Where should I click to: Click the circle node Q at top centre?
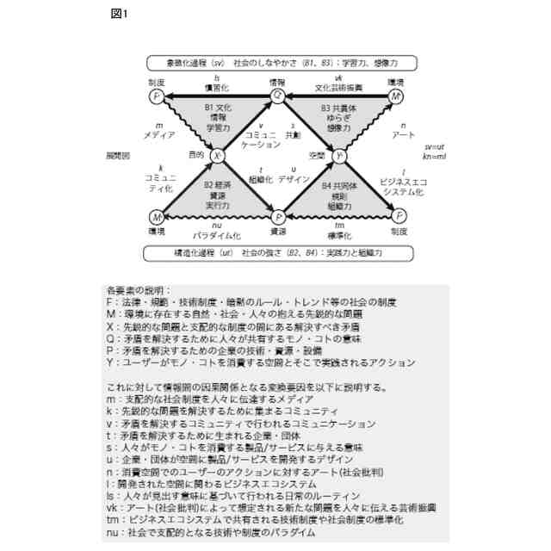point(277,96)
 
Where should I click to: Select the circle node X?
point(217,156)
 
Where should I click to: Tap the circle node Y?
point(339,156)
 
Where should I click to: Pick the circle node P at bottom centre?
point(278,217)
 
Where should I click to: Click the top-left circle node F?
point(156,96)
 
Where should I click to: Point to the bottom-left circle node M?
point(156,217)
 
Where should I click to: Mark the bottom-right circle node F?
point(399,217)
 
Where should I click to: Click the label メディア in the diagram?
point(159,136)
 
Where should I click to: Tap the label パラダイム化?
point(216,234)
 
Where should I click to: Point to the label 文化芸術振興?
point(338,89)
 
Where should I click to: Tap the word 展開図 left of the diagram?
point(117,156)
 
